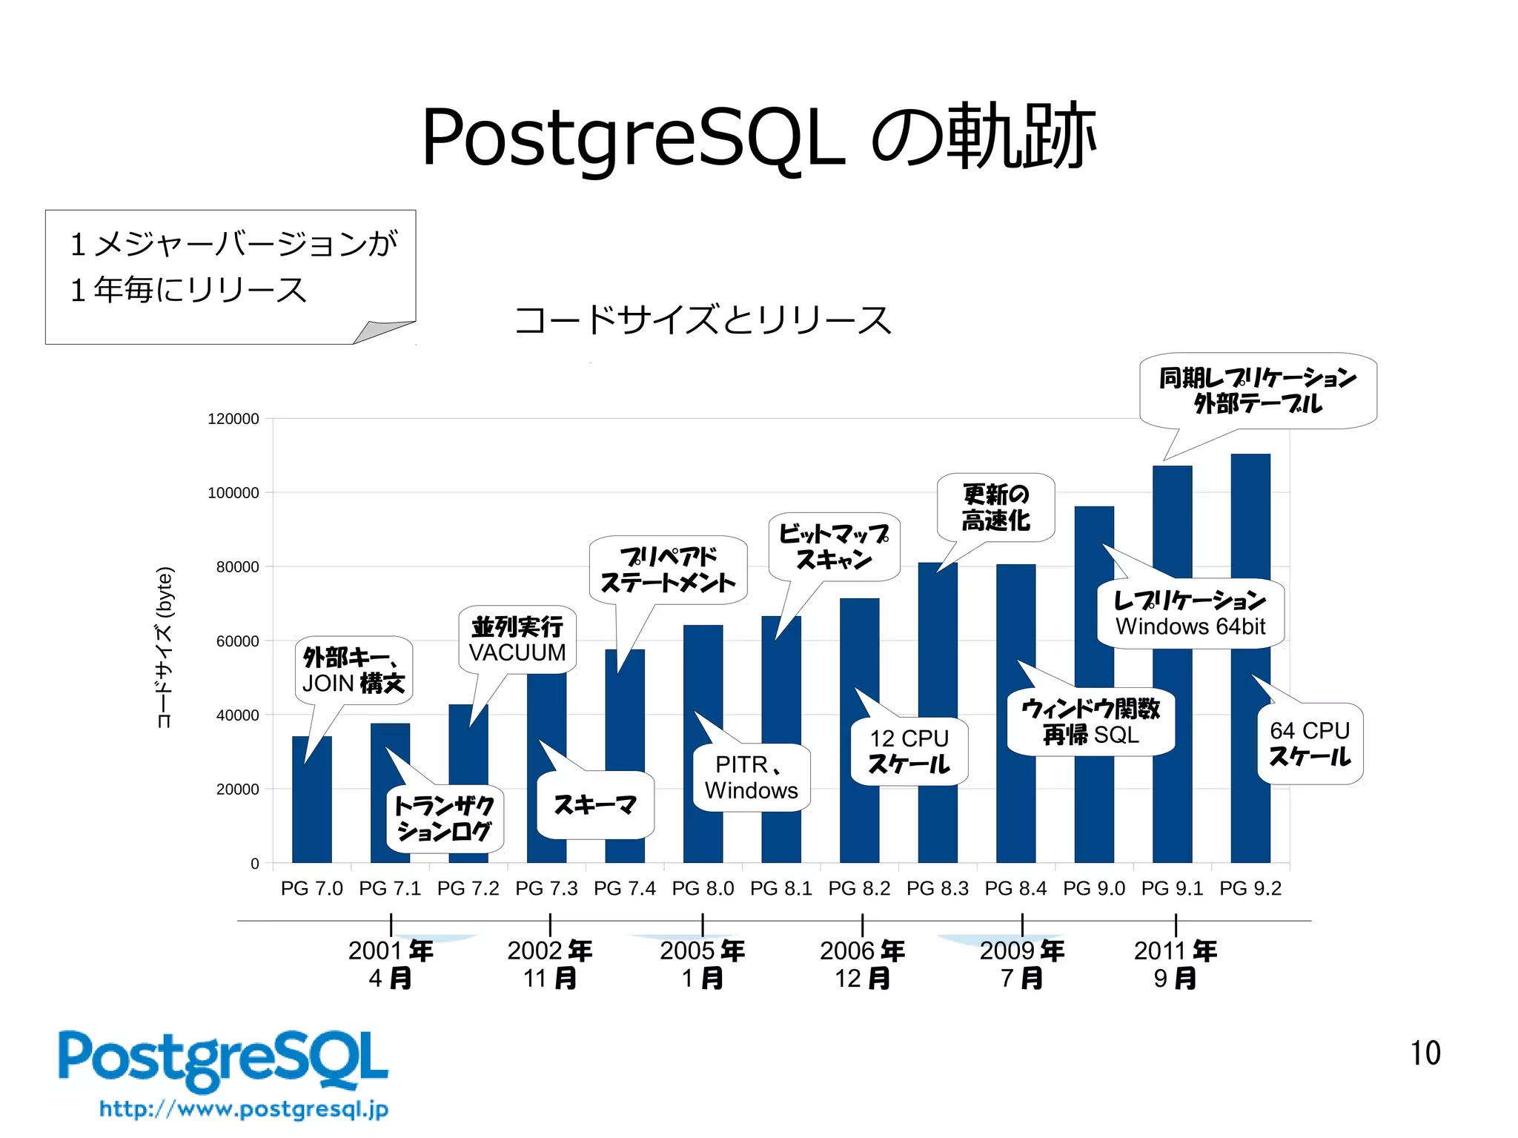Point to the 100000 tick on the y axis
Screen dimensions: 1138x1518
pos(233,493)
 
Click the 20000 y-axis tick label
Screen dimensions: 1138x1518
pos(237,790)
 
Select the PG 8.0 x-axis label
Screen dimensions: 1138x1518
pos(703,888)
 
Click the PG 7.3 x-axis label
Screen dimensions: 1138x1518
pos(546,888)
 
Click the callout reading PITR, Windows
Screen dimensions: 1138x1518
pos(752,778)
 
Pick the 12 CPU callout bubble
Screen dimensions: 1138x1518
pos(909,751)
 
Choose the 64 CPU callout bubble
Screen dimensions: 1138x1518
pos(1310,744)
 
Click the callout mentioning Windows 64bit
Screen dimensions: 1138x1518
pos(1190,614)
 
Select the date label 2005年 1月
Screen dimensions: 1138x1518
pos(703,964)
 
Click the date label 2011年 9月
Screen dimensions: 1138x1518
pos(1176,964)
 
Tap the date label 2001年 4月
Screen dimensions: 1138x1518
pos(391,964)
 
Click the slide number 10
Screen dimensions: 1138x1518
pos(1425,1053)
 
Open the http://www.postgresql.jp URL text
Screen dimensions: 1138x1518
pos(244,1109)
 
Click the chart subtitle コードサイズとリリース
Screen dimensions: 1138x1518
pos(703,320)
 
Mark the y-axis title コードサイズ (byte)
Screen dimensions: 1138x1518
pos(165,647)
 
